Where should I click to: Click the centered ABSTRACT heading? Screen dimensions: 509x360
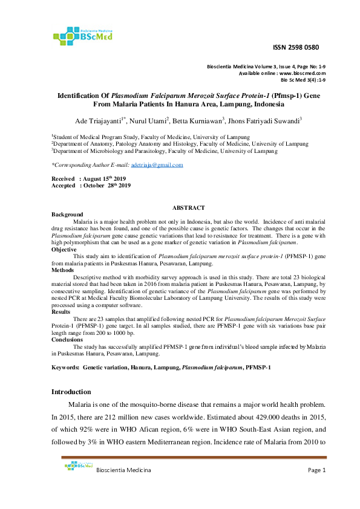pos(189,207)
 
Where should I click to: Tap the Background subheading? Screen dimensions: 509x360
pos(67,215)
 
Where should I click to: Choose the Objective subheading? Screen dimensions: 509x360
pos(64,249)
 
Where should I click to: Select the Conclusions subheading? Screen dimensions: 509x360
pos(68,340)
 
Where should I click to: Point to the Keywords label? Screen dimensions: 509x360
pos(65,368)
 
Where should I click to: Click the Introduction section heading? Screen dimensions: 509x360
pos(71,392)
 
